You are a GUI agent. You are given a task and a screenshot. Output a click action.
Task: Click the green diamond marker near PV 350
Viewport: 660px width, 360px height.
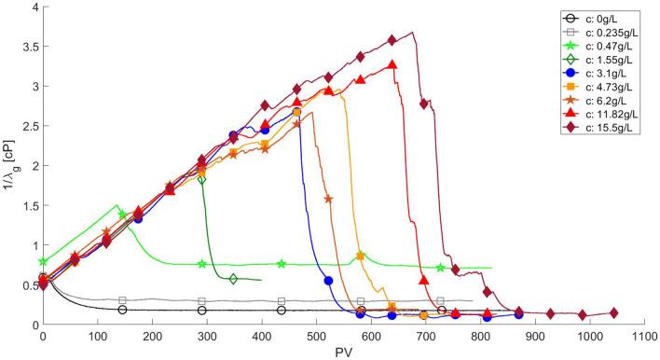(233, 278)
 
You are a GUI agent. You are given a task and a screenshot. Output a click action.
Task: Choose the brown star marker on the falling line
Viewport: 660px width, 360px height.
(328, 199)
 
